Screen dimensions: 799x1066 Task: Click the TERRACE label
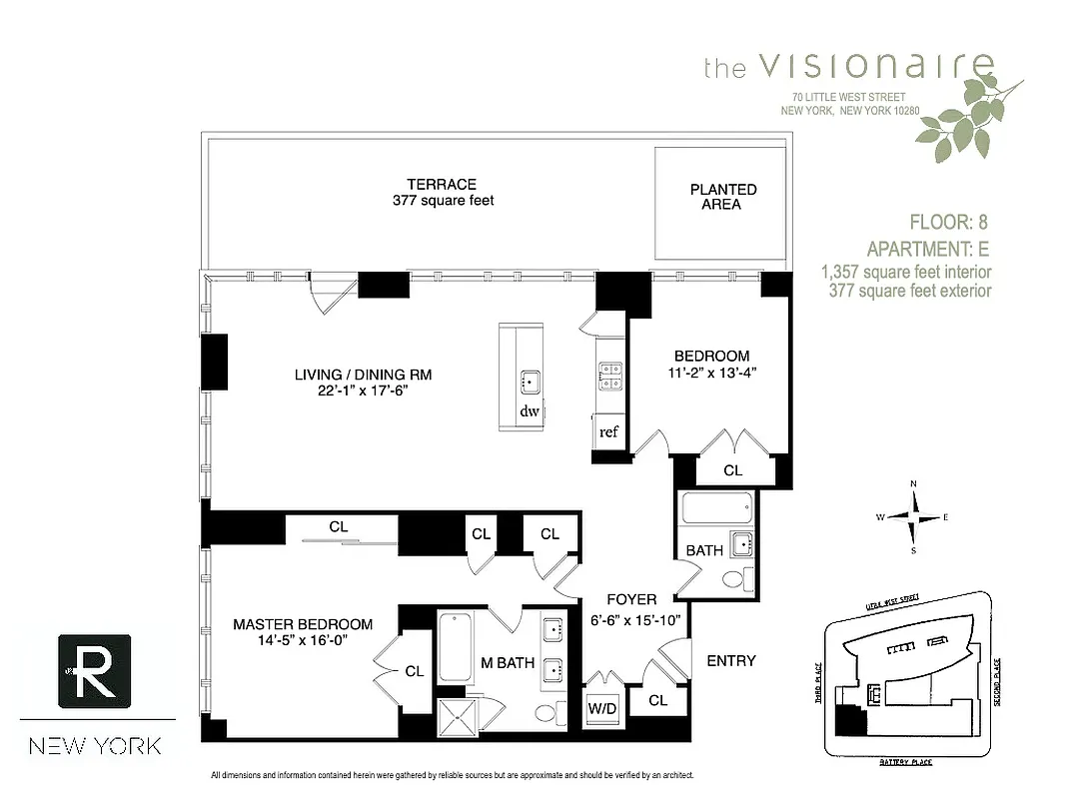442,185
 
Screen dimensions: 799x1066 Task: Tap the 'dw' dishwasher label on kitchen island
529,410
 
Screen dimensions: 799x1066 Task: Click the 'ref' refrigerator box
607,432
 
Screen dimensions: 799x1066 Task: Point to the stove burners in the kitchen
609,375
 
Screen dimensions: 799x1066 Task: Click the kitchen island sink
530,381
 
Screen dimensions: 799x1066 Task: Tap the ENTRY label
730,660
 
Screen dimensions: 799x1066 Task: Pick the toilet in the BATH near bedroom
732,579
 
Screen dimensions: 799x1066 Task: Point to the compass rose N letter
913,484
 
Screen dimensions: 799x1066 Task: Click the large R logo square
97,672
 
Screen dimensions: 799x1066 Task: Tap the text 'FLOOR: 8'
948,222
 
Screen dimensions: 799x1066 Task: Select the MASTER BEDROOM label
303,624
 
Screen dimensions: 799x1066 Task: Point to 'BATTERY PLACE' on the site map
905,762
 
